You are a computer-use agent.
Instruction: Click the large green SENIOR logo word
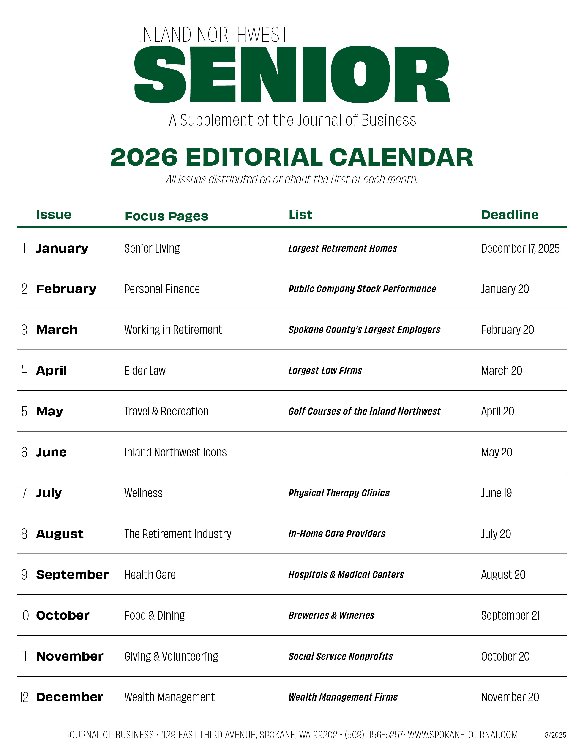click(292, 75)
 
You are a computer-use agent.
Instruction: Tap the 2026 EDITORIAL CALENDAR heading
click(292, 158)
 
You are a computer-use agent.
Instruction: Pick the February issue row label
click(66, 289)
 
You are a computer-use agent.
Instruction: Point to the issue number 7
click(24, 493)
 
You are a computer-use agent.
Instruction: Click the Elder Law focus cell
click(145, 371)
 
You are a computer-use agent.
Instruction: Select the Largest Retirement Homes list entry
click(343, 248)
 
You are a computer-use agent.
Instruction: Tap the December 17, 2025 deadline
click(520, 248)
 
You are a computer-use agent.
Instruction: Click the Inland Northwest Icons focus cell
click(175, 452)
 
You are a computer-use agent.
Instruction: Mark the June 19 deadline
click(496, 493)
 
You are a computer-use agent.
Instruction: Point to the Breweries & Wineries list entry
click(331, 615)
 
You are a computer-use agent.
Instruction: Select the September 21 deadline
click(510, 615)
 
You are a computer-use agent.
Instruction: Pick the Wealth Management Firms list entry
click(343, 697)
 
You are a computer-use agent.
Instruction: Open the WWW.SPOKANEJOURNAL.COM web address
click(463, 735)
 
